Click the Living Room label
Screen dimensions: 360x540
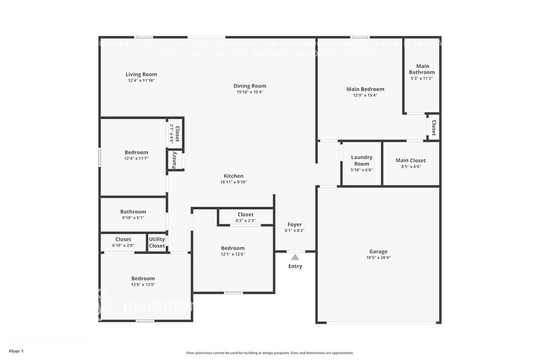(x=141, y=74)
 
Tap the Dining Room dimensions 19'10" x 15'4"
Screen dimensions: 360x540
(x=250, y=92)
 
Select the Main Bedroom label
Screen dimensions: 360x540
(x=365, y=89)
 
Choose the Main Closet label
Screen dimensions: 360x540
(x=410, y=160)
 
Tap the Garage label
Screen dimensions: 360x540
(x=378, y=252)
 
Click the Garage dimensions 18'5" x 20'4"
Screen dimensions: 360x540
(x=378, y=258)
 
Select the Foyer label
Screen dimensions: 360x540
(x=294, y=225)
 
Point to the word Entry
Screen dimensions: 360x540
(x=295, y=266)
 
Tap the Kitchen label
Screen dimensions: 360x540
(x=233, y=176)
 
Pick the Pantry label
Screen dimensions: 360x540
(x=174, y=160)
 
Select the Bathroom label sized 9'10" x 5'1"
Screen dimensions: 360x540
(x=133, y=212)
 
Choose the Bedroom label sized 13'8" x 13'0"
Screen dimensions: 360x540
(x=143, y=278)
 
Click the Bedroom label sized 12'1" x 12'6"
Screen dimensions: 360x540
(x=233, y=248)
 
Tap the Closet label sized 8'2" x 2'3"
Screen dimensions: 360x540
(x=246, y=214)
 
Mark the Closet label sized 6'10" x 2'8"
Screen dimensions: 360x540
(x=123, y=239)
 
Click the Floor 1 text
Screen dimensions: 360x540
(x=16, y=351)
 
